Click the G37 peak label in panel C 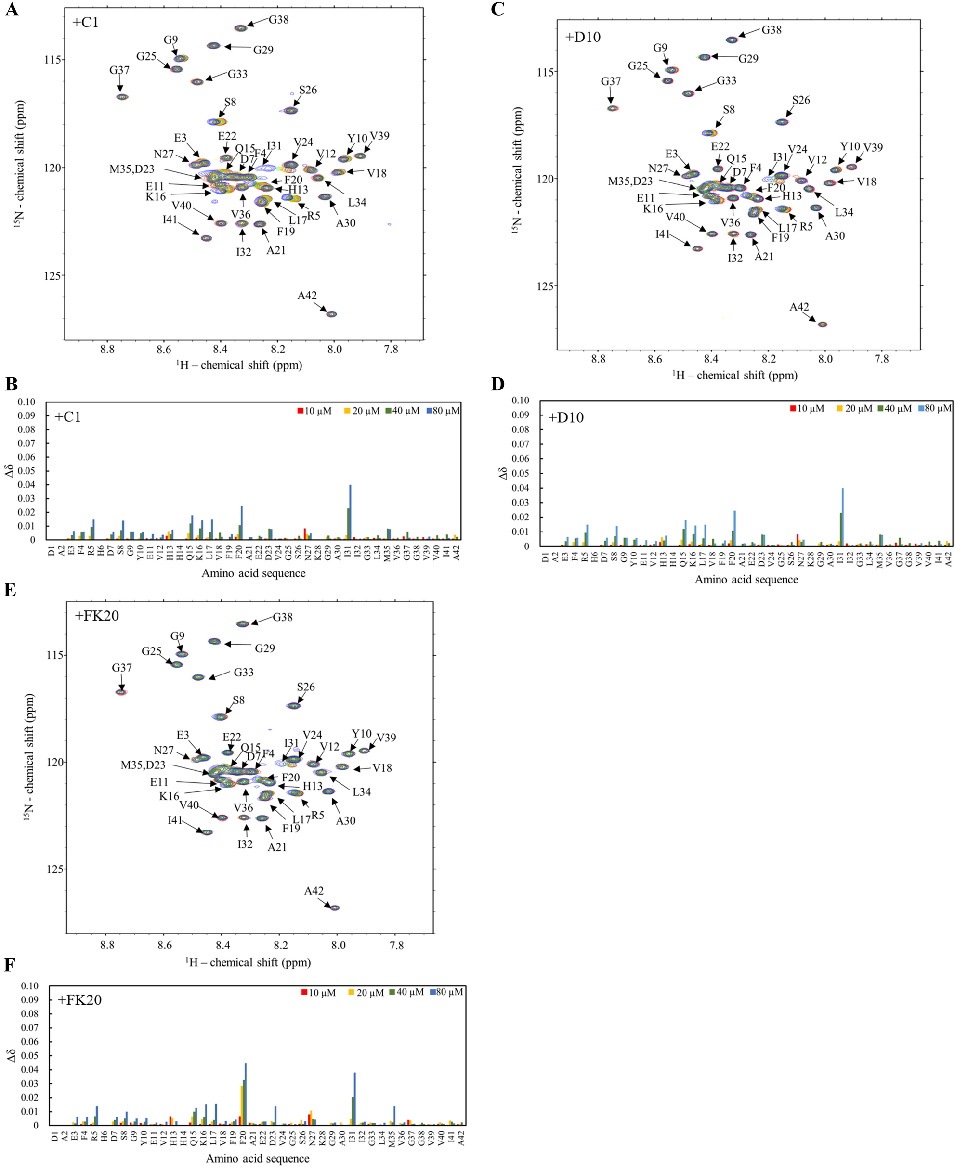[611, 81]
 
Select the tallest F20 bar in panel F [245, 1095]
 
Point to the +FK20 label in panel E [97, 615]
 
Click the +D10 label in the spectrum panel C [583, 38]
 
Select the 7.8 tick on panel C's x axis [881, 359]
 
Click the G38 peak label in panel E [283, 617]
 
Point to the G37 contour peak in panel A [122, 97]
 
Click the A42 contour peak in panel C [823, 324]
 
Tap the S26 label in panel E [306, 687]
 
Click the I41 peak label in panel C [662, 234]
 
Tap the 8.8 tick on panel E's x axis [107, 946]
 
